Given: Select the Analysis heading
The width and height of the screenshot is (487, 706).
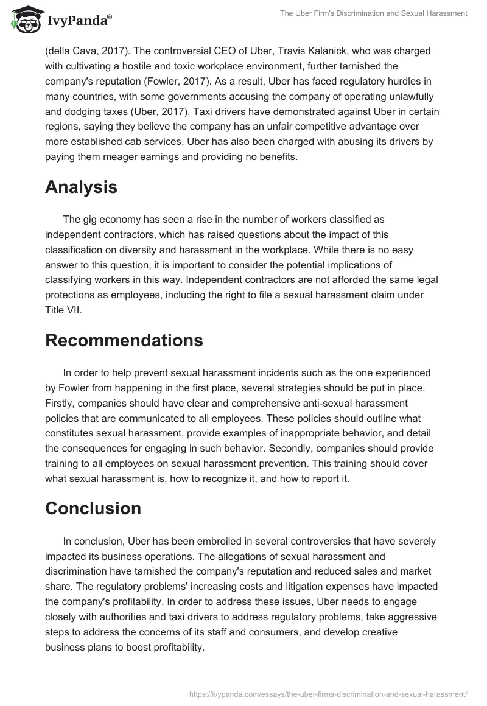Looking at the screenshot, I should tap(81, 187).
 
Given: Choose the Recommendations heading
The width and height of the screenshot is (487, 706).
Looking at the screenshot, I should tap(124, 340).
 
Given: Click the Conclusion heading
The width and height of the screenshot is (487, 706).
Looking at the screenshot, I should tap(93, 508).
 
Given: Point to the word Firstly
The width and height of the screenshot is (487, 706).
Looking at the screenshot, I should tap(63, 403).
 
